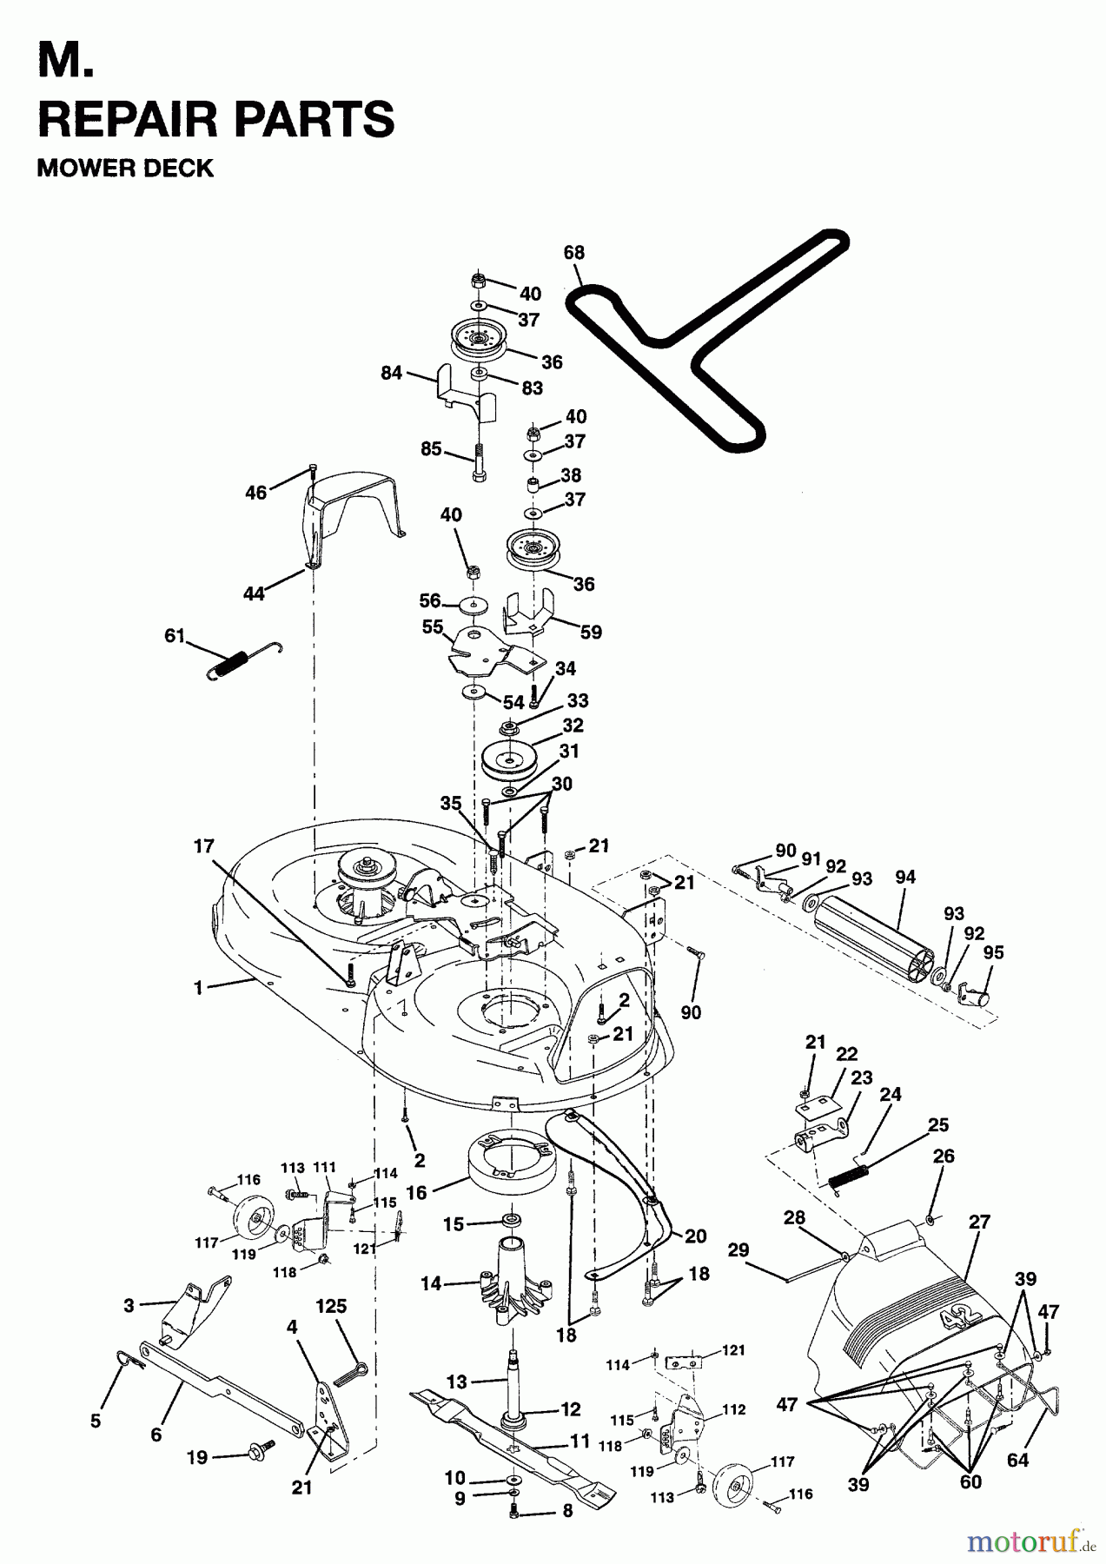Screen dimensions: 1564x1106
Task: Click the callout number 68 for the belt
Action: pyautogui.click(x=574, y=253)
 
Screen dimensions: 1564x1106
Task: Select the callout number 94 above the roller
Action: pyautogui.click(x=905, y=878)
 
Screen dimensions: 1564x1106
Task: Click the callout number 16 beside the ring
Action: pyautogui.click(x=417, y=1193)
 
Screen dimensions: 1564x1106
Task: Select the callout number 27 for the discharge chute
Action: pyautogui.click(x=980, y=1222)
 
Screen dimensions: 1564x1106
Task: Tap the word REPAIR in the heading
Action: pyautogui.click(x=120, y=119)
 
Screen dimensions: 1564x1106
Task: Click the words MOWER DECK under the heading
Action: pyautogui.click(x=125, y=168)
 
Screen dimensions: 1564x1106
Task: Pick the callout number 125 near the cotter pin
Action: pyautogui.click(x=331, y=1306)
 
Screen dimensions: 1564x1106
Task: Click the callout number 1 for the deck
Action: pyautogui.click(x=199, y=988)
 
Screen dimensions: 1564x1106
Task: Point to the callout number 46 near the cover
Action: pyautogui.click(x=255, y=493)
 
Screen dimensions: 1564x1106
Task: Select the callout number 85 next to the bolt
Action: pyautogui.click(x=432, y=450)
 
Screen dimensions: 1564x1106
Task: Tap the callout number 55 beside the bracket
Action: pyautogui.click(x=433, y=626)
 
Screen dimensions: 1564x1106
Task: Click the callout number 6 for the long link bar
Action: pyautogui.click(x=156, y=1435)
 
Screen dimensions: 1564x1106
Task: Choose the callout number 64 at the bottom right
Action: pyautogui.click(x=1017, y=1460)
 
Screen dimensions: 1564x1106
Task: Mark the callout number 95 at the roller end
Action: pyautogui.click(x=993, y=953)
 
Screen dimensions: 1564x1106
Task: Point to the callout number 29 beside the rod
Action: pyautogui.click(x=738, y=1250)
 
